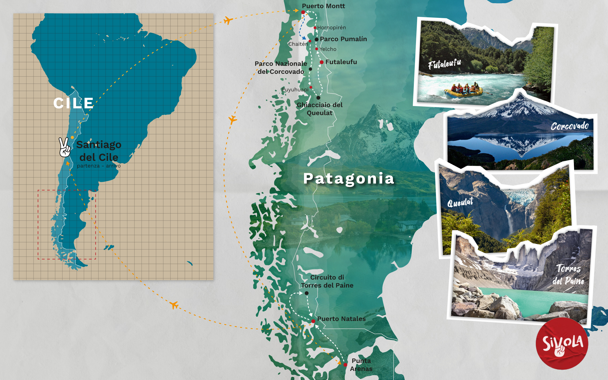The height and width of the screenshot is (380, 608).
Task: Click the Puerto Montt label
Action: pos(323,6)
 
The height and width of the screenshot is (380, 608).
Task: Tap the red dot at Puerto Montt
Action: pos(303,12)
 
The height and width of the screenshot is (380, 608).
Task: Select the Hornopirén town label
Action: pos(331,27)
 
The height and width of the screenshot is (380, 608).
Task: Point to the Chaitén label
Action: pos(298,44)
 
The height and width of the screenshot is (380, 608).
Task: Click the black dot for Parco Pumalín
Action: pos(317,39)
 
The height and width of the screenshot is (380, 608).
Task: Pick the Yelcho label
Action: pos(328,49)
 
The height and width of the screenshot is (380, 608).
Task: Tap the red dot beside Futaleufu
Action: pos(322,62)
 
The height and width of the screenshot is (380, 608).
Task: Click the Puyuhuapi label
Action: pos(295,90)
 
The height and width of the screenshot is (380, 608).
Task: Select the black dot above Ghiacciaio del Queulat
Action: pos(318,98)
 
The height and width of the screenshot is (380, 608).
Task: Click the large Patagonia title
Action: pos(349,178)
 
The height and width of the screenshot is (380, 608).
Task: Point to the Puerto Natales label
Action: pos(341,319)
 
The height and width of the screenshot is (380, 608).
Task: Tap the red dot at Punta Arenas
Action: pos(345,365)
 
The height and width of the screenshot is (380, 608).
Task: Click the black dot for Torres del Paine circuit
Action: pos(307,293)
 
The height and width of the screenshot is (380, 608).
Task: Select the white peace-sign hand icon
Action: pos(64,147)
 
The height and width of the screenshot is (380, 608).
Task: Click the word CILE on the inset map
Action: pos(73,103)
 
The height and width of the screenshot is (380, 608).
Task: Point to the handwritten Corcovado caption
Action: pos(570,126)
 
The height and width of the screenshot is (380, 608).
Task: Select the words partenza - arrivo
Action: pos(99,166)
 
